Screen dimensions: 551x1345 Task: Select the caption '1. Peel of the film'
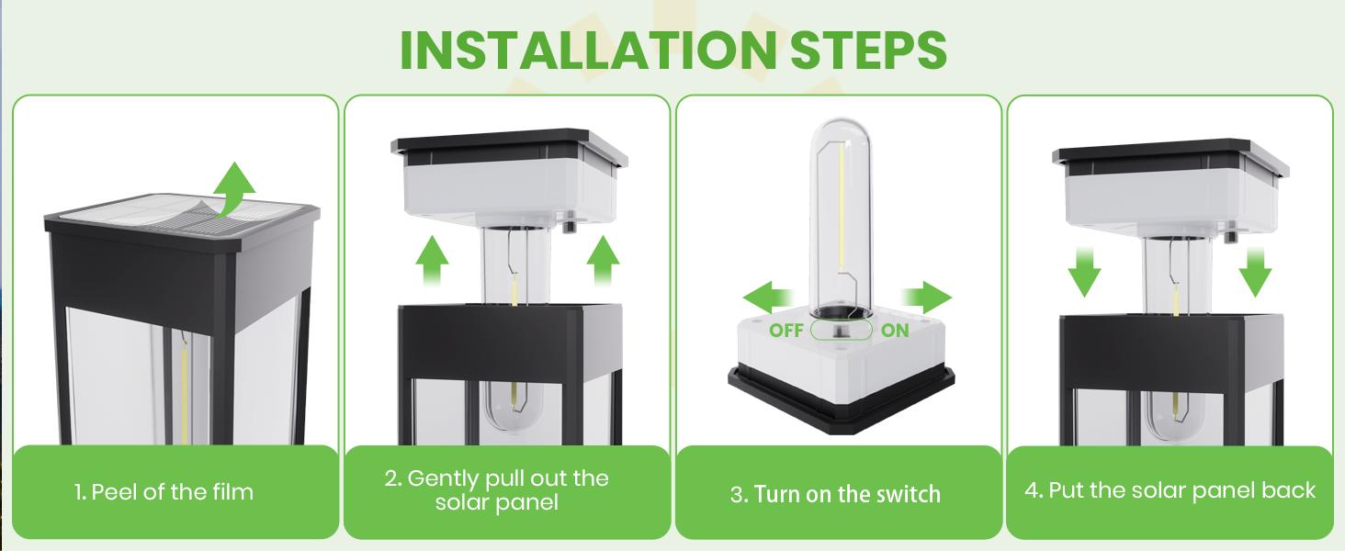[x=164, y=492]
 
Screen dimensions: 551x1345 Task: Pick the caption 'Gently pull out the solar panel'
[x=496, y=490]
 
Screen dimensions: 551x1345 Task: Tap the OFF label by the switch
[x=786, y=331]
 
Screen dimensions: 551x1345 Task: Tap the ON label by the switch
[x=895, y=331]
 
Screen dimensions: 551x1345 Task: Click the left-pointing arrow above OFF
[x=770, y=298]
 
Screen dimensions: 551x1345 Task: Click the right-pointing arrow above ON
[x=926, y=298]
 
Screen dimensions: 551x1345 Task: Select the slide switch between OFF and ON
[x=841, y=331]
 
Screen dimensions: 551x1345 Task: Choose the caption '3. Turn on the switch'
[x=835, y=494]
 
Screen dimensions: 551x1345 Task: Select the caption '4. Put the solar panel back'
[x=1170, y=490]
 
